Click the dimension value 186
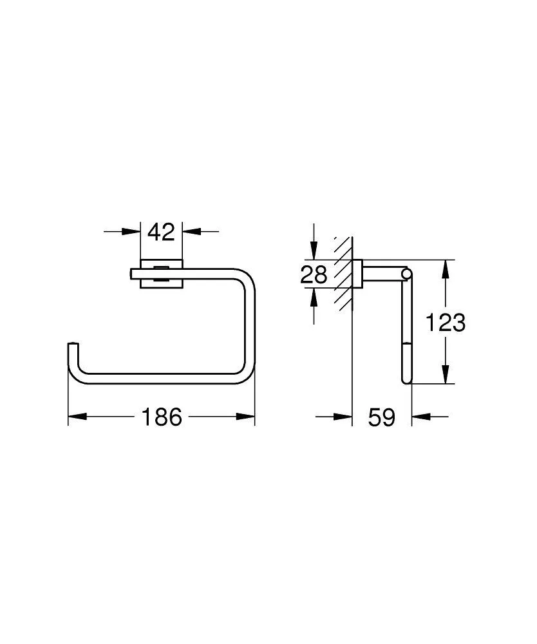(162, 417)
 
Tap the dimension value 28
(315, 275)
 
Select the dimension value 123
(445, 322)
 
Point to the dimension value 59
(381, 417)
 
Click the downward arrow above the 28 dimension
(314, 252)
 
